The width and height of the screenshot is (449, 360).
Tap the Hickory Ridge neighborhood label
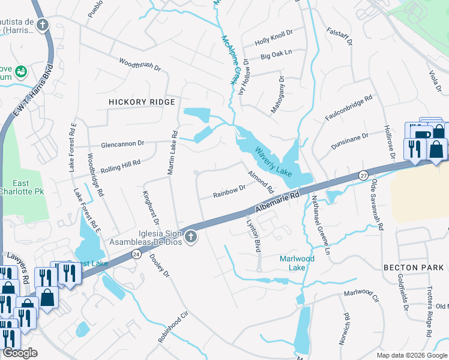pos(142,103)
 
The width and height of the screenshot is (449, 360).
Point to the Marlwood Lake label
pos(297,263)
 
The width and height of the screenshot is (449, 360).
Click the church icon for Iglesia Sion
pos(191,237)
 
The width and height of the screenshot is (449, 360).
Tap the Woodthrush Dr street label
pos(140,65)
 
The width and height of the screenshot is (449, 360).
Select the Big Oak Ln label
pos(276,55)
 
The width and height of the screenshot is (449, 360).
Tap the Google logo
pos(20,353)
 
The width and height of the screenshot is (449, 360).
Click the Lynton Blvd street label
pos(254,233)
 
